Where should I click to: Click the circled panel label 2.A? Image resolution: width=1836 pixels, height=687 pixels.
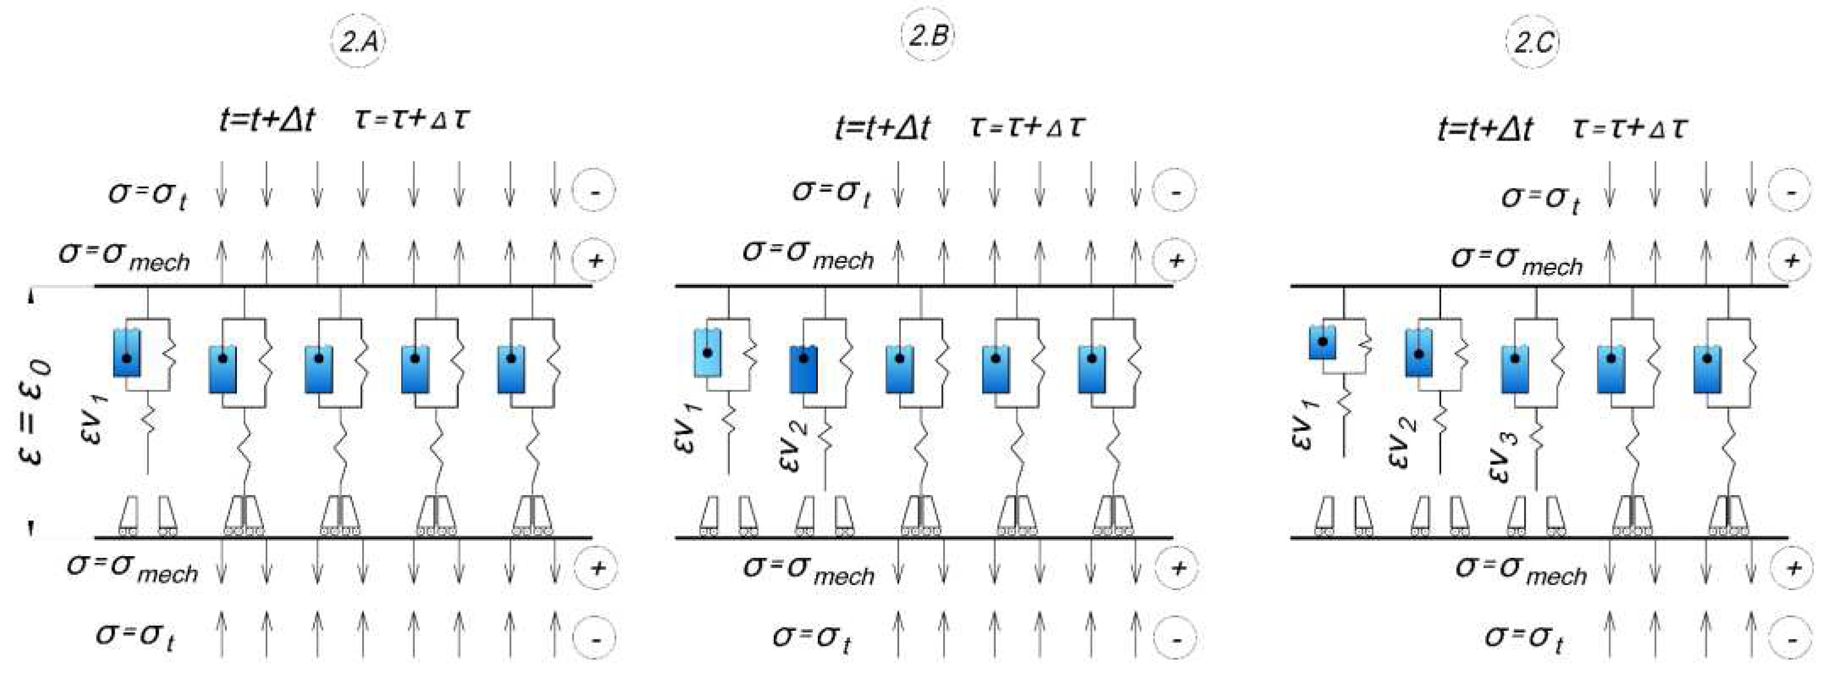(358, 42)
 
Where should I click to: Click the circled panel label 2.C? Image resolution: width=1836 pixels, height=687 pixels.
(1533, 42)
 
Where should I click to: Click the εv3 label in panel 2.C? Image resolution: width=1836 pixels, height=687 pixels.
(1504, 456)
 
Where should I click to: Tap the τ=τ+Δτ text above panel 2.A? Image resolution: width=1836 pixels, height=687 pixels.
(412, 119)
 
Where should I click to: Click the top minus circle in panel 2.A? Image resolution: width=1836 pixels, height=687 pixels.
(594, 191)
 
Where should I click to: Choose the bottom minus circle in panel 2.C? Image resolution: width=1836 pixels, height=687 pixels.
(1790, 638)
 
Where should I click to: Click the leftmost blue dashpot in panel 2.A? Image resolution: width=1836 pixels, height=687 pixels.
(127, 353)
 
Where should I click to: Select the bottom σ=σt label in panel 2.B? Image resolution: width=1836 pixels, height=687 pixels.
(812, 636)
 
